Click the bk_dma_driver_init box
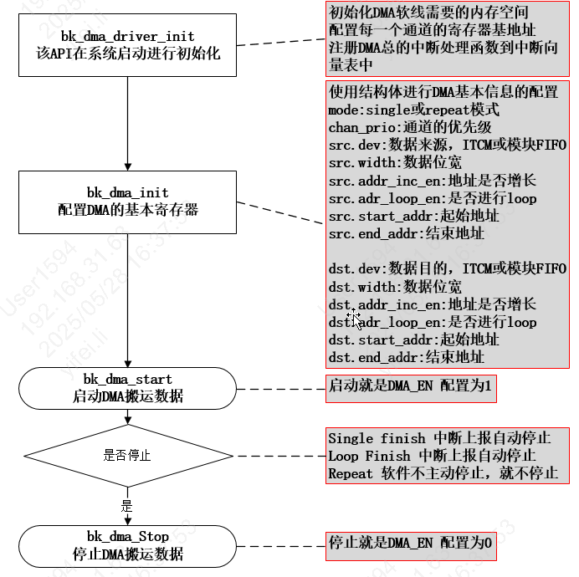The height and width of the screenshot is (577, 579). pyautogui.click(x=127, y=45)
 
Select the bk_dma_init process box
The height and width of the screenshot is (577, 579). pyautogui.click(x=127, y=202)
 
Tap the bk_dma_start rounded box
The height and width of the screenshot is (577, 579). pyautogui.click(x=127, y=388)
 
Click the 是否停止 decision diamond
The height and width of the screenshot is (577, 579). pyautogui.click(x=127, y=456)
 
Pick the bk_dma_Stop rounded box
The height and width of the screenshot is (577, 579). pyautogui.click(x=127, y=545)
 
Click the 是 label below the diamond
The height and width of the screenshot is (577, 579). pyautogui.click(x=127, y=505)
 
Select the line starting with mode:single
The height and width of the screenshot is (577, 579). pyautogui.click(x=413, y=110)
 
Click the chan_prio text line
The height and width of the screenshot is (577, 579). pyautogui.click(x=409, y=127)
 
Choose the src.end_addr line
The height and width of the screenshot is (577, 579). pyautogui.click(x=406, y=233)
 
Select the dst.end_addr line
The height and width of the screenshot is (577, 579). pyautogui.click(x=406, y=357)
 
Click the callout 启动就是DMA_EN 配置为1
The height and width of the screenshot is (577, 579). pyautogui.click(x=410, y=386)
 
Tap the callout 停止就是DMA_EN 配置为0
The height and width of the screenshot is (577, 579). pyautogui.click(x=410, y=543)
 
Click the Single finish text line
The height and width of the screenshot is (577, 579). pyautogui.click(x=438, y=438)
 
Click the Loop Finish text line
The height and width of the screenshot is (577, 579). pyautogui.click(x=432, y=456)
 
